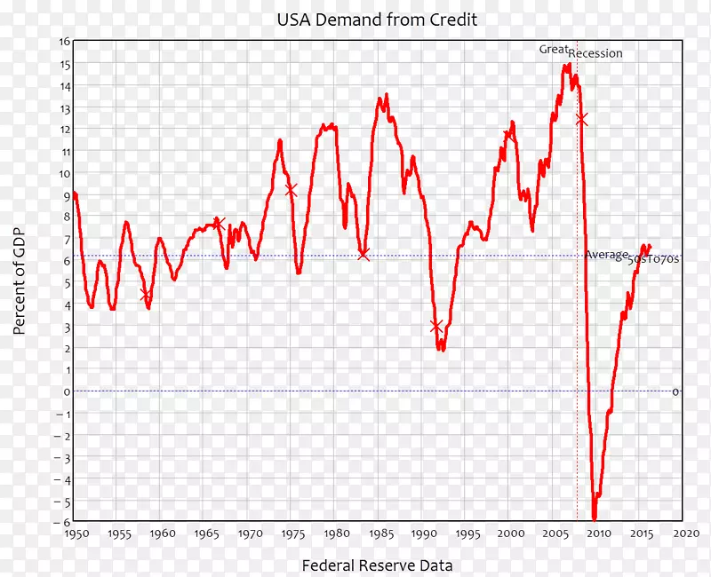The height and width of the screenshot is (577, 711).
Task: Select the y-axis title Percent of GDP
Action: [x=20, y=281]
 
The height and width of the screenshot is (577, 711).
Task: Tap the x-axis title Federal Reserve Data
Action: [x=377, y=565]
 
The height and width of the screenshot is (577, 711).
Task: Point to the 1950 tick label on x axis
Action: [x=76, y=534]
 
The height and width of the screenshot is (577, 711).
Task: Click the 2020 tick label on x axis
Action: [x=683, y=534]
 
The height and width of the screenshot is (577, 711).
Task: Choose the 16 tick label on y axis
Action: [x=65, y=42]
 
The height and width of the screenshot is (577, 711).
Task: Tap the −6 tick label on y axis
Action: [x=62, y=522]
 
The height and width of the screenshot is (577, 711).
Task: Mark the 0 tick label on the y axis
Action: [x=66, y=391]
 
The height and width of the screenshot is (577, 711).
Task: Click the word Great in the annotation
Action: [x=553, y=50]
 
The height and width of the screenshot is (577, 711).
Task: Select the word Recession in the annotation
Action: [x=595, y=54]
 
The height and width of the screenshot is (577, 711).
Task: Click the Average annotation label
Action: [x=606, y=255]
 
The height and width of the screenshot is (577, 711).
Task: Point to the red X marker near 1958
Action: [x=146, y=295]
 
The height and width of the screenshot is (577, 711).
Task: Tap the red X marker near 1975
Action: [x=291, y=189]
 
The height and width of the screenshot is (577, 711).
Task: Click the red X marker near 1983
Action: [x=363, y=255]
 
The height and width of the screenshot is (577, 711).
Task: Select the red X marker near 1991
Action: [x=435, y=327]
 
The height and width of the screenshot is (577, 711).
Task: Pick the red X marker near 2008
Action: [x=581, y=119]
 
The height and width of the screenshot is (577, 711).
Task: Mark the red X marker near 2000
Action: [x=508, y=136]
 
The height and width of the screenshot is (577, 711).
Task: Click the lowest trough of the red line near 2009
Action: [x=595, y=518]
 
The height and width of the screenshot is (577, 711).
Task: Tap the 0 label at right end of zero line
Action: [x=675, y=391]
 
